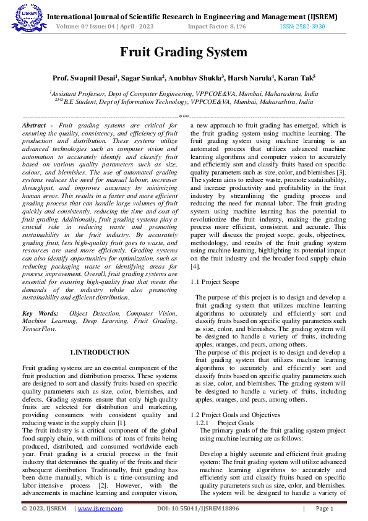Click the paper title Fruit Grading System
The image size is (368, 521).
[183, 52]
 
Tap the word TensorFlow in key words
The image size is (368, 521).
[38, 329]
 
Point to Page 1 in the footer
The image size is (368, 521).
[325, 509]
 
